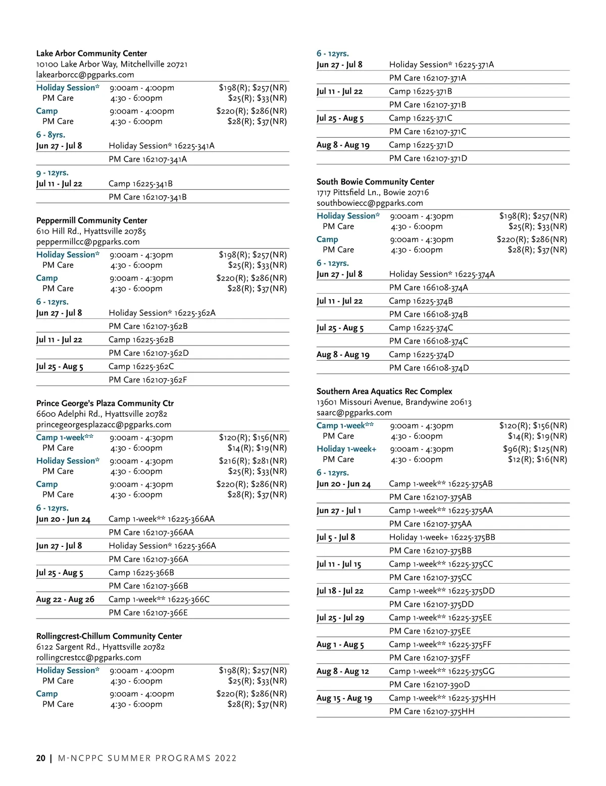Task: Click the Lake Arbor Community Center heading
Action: [91, 53]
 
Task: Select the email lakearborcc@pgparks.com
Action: [85, 75]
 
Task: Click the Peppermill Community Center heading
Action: [91, 220]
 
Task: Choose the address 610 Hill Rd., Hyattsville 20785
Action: [91, 231]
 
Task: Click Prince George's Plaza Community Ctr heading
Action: [105, 403]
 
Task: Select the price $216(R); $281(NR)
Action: [252, 461]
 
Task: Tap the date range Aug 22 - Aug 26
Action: [65, 599]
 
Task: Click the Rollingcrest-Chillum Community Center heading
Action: [109, 636]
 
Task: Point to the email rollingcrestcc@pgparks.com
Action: [88, 657]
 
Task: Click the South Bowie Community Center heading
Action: [375, 182]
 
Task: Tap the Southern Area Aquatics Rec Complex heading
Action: [384, 391]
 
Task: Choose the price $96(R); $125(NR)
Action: [535, 449]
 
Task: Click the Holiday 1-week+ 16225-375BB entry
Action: [442, 537]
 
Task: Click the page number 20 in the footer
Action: [40, 758]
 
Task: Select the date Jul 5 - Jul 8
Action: [335, 537]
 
